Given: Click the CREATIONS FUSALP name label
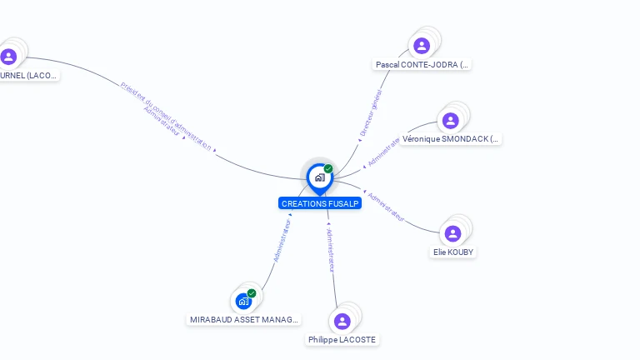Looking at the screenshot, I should tap(320, 203).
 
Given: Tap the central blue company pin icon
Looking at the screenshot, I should tap(319, 177).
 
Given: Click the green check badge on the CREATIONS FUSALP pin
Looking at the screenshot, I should tap(328, 169).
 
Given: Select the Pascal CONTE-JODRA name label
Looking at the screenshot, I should tap(422, 64).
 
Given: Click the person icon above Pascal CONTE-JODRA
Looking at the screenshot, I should tap(422, 46).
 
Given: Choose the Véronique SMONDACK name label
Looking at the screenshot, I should tap(450, 139).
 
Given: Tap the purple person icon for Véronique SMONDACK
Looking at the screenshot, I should tap(451, 121).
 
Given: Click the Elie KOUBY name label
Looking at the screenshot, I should tap(454, 252).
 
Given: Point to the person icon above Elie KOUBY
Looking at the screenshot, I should tap(453, 233).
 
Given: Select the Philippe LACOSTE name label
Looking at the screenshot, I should tap(342, 340).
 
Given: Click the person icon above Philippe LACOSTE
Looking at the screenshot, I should tap(342, 321).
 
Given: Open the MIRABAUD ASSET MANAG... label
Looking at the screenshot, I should tap(243, 319).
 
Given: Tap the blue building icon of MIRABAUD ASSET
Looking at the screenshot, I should tap(243, 301).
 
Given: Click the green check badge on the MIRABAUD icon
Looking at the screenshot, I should tap(252, 292).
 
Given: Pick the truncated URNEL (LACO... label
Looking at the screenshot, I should tap(29, 75).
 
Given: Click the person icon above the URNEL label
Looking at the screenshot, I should tap(9, 57).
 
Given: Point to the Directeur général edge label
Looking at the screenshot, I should tap(370, 113).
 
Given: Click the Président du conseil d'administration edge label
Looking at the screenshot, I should tap(167, 115).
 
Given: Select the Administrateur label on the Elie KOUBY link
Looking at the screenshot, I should tap(387, 207).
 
